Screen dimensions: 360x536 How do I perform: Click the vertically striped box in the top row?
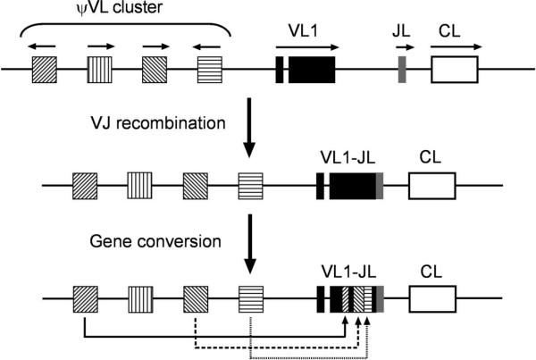tap(99, 70)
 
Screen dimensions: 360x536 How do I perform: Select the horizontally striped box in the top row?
tap(210, 70)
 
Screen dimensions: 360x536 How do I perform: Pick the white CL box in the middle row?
tap(432, 186)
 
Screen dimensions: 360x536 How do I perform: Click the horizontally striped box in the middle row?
tap(251, 186)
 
